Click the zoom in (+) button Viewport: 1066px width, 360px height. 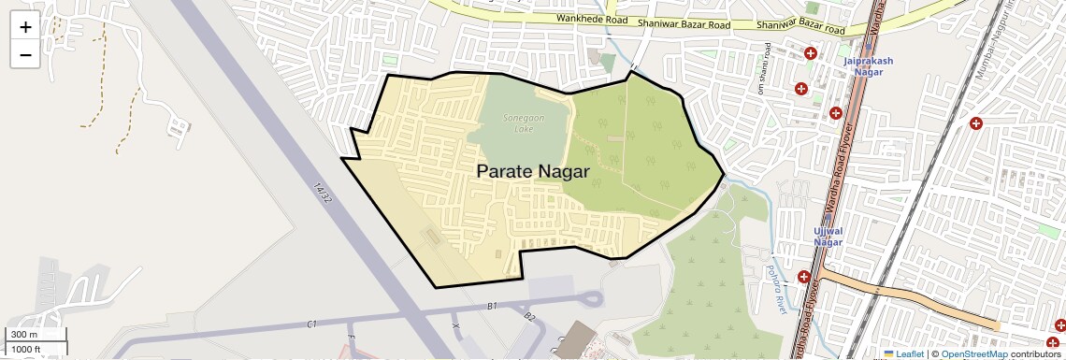[x=25, y=26]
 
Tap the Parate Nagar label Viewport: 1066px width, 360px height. [x=533, y=171]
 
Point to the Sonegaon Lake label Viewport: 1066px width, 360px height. [x=519, y=123]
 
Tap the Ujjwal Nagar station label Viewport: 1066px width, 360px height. [x=828, y=236]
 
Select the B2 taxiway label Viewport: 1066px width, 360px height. [x=529, y=317]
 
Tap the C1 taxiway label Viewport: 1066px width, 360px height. [x=312, y=324]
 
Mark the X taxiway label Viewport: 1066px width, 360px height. [x=456, y=325]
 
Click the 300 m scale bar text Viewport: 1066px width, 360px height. [x=24, y=335]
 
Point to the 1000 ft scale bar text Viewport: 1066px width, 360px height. [x=26, y=349]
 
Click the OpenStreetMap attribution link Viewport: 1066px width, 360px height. [x=973, y=353]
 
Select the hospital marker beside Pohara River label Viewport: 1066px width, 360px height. [x=804, y=277]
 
